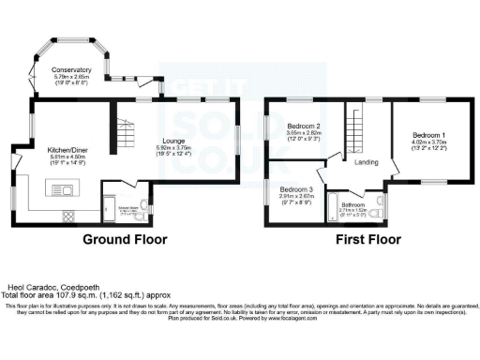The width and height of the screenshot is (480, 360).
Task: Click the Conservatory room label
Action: [x=72, y=70]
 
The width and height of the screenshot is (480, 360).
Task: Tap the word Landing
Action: [x=367, y=162]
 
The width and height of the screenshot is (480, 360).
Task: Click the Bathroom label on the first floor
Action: [x=353, y=204]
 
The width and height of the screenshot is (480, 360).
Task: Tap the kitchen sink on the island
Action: [x=70, y=190]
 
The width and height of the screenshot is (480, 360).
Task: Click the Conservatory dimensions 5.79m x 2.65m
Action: [x=72, y=77]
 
